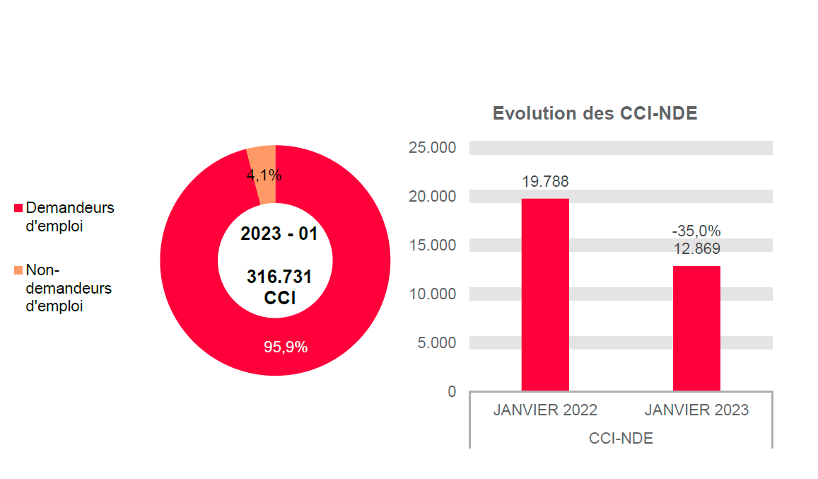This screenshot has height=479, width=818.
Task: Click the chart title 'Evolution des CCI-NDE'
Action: (x=595, y=113)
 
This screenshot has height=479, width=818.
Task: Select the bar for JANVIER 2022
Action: (x=545, y=294)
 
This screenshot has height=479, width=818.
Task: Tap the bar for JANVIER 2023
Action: (x=696, y=328)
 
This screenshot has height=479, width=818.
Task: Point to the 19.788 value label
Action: (x=545, y=182)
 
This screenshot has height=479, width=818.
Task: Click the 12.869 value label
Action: (x=696, y=248)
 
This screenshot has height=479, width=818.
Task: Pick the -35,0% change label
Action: (x=696, y=231)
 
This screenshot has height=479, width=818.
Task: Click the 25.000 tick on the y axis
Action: (x=432, y=148)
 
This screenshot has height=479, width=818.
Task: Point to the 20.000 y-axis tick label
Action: (x=432, y=197)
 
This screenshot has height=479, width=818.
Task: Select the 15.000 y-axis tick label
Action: (x=432, y=246)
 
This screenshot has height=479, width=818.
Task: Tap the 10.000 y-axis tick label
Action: (x=432, y=294)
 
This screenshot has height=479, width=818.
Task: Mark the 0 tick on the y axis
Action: (x=452, y=391)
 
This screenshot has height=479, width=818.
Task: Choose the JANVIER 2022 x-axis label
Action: (x=545, y=410)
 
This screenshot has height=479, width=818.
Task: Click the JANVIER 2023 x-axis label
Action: (x=696, y=410)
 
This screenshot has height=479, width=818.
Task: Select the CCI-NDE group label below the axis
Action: (x=621, y=439)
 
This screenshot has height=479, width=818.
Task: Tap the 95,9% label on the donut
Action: (x=286, y=347)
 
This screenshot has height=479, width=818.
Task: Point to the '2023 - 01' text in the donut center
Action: (x=279, y=234)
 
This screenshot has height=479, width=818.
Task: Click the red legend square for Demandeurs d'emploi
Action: (x=18, y=209)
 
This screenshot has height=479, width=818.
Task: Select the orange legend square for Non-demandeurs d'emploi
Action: (x=18, y=271)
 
